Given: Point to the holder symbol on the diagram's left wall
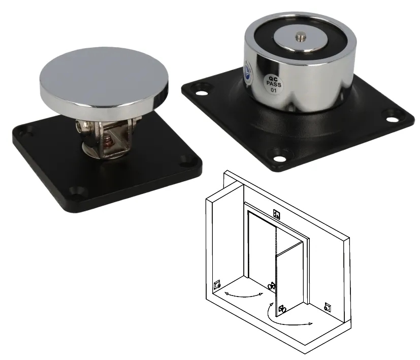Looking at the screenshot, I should tap(217, 285).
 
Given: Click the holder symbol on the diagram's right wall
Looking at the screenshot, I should tap(327, 307).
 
